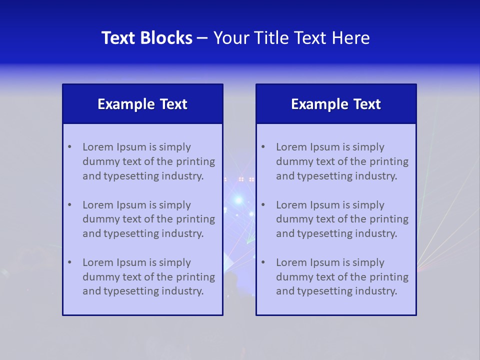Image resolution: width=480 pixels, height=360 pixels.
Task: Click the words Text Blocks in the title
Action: coord(147,38)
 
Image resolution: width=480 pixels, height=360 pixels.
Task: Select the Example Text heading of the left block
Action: coord(142,104)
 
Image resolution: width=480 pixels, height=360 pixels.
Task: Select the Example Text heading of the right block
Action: coord(336,104)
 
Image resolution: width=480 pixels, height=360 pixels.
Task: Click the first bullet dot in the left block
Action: coord(69,147)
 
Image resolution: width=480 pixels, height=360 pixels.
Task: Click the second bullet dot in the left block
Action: coord(69,205)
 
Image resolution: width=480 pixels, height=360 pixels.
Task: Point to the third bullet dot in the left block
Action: coord(69,262)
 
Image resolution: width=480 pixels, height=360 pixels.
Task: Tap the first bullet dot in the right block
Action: coord(263,147)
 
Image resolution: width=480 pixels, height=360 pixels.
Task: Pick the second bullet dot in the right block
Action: coord(263,205)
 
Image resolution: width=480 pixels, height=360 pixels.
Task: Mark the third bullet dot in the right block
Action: coord(263,262)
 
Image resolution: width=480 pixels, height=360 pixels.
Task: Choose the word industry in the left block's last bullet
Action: coord(184,291)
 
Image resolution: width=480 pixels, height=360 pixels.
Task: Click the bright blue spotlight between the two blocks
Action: coord(238,200)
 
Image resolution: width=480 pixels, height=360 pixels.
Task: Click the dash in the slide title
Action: coord(202,38)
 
